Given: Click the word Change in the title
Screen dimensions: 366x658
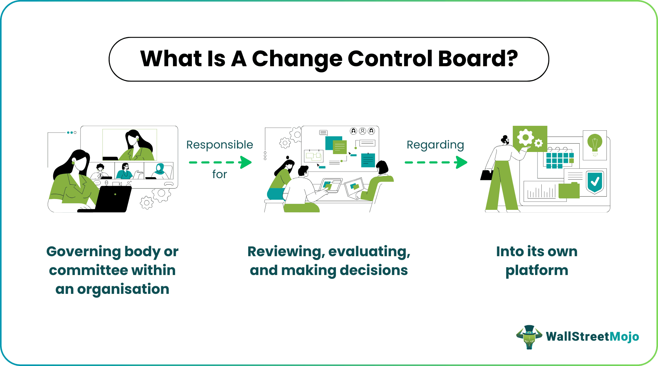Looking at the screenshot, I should click(x=297, y=59).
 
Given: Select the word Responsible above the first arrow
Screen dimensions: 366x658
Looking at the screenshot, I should click(x=219, y=145).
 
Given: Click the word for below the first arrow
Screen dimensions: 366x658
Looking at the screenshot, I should click(x=219, y=174).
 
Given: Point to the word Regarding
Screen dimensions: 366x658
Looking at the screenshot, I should click(x=435, y=145).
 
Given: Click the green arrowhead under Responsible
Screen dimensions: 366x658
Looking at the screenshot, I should click(x=246, y=162).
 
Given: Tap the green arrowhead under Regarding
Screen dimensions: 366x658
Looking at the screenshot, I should click(x=461, y=162).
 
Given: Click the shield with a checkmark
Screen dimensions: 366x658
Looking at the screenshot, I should click(x=595, y=182).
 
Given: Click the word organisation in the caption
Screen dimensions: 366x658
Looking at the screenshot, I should click(x=123, y=289).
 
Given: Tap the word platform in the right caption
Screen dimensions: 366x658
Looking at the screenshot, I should click(x=536, y=270).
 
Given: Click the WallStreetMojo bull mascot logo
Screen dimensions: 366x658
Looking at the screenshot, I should click(x=529, y=337).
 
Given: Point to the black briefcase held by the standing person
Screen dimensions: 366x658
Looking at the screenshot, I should click(x=486, y=175).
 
